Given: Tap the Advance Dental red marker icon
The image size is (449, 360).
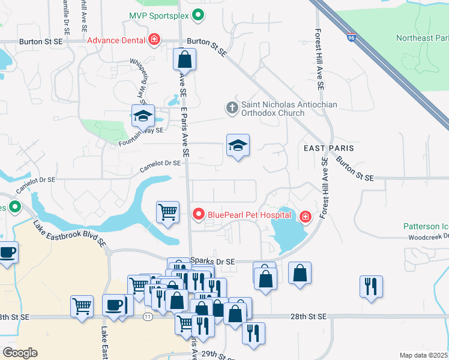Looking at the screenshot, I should [155, 40].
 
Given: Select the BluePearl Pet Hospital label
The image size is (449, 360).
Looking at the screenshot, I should [249, 214].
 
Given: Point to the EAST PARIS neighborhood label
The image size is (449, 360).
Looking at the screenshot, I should [328, 148].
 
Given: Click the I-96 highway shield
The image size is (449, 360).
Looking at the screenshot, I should [351, 38].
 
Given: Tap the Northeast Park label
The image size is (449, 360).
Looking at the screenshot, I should [423, 38].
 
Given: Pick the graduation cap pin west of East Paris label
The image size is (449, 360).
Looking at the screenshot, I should [238, 145].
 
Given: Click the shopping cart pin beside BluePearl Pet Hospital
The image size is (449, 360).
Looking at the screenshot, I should [167, 211].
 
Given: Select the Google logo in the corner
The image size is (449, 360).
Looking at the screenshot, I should [20, 353].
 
